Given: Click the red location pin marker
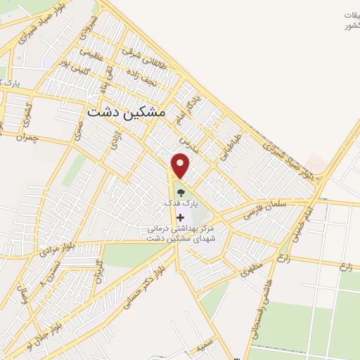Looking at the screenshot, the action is point(181,165).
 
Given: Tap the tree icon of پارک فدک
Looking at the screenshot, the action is point(181,190).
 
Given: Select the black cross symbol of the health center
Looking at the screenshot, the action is point(181,217).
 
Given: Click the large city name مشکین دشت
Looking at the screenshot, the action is point(126,111).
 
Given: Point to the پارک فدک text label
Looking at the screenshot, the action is point(181,202).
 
